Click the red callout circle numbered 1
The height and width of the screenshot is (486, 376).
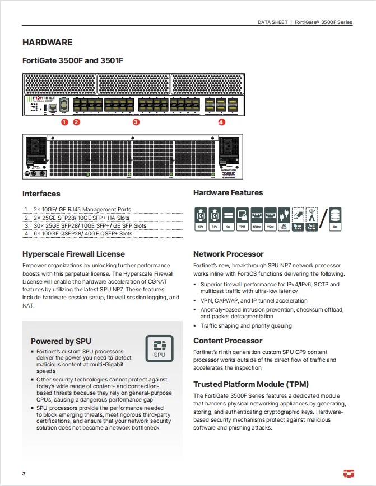tap(64, 121)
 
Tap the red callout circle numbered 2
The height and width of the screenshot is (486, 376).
tap(76, 121)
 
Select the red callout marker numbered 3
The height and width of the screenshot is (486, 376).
tap(136, 121)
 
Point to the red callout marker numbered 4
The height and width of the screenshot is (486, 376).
tap(221, 121)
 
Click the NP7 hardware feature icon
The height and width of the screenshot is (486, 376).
tap(200, 218)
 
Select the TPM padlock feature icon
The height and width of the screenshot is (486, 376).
tap(243, 218)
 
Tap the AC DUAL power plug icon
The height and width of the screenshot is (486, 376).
tap(284, 218)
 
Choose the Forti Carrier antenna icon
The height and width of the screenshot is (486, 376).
tap(312, 218)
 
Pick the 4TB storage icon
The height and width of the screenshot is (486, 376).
tap(335, 218)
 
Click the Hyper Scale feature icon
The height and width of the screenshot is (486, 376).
tap(298, 218)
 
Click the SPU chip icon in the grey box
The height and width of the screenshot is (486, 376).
tap(160, 348)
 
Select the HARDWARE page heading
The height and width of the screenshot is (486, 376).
tap(47, 42)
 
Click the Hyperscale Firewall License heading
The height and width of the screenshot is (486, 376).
tap(73, 254)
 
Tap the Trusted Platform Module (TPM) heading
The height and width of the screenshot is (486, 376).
tap(251, 384)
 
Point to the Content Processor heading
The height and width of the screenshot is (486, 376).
tap(228, 341)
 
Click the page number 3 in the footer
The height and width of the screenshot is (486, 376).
tap(24, 474)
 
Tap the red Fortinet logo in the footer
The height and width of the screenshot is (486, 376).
tap(349, 474)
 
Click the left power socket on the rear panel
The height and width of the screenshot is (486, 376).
tap(35, 147)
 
